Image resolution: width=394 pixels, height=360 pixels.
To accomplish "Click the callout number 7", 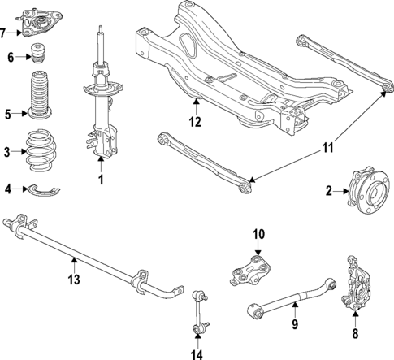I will [x=6, y=33].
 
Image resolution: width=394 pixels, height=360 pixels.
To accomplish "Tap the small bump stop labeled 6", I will [x=37, y=57].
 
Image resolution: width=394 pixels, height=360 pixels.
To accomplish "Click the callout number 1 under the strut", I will [x=101, y=180].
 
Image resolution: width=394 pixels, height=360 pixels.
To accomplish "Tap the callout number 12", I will [x=195, y=124].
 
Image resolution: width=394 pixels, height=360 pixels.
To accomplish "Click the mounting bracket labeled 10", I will [x=251, y=269].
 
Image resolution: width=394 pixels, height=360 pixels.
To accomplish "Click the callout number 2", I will [x=328, y=192].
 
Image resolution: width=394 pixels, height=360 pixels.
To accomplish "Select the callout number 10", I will [x=258, y=235].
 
